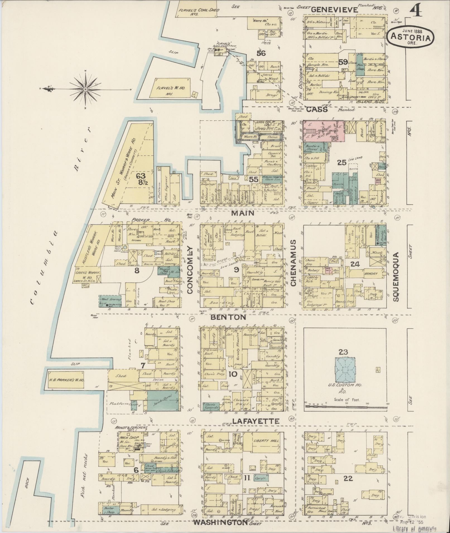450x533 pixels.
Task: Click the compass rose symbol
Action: [x=85, y=89]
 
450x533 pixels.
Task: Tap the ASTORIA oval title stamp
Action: [x=410, y=36]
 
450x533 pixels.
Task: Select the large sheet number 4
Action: [x=416, y=10]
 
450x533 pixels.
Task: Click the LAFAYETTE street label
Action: [x=256, y=422]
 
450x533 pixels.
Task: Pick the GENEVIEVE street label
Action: [x=334, y=10]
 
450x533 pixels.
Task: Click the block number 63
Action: [x=141, y=176]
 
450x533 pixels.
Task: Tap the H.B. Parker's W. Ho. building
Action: [x=67, y=380]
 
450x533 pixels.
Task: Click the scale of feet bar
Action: [x=346, y=407]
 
